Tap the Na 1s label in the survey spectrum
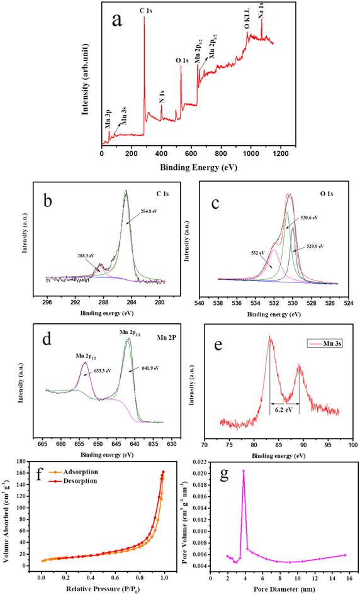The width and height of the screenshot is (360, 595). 261,12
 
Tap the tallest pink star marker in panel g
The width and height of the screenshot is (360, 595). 244,471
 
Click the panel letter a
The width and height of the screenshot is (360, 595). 116,21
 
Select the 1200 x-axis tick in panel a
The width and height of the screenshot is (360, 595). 279,153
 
